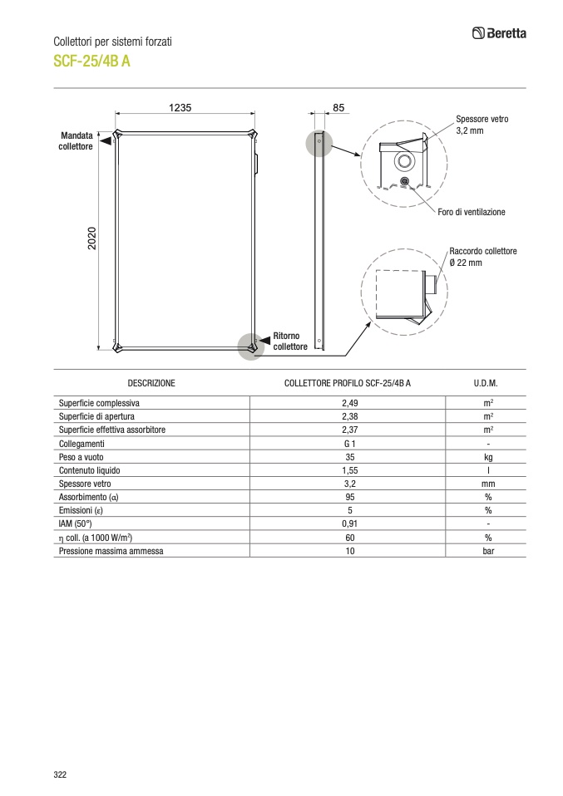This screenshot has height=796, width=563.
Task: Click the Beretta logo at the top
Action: pos(499,34)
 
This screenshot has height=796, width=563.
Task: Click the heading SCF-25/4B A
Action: pos(91,61)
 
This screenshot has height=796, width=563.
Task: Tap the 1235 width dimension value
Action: pos(180,108)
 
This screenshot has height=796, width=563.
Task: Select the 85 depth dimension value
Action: pos(338,108)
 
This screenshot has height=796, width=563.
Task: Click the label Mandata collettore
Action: pos(76,140)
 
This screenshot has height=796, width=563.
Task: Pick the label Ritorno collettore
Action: pos(290,341)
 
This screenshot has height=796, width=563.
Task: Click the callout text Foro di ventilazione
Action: pos(472,212)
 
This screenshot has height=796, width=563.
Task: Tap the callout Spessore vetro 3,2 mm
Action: pos(482,125)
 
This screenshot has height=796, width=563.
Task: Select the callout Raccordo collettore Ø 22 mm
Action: pos(482,257)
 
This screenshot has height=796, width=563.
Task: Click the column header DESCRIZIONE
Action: pos(151,383)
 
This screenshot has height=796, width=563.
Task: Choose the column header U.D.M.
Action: pos(486,383)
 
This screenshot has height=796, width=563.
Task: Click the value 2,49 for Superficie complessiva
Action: pos(349,402)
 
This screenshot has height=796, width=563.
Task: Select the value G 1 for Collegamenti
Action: pos(349,444)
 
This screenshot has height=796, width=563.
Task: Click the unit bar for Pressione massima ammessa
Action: pos(488,551)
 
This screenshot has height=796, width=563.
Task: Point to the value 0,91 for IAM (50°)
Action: pos(349,524)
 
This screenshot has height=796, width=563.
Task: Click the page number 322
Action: pos(60,774)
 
